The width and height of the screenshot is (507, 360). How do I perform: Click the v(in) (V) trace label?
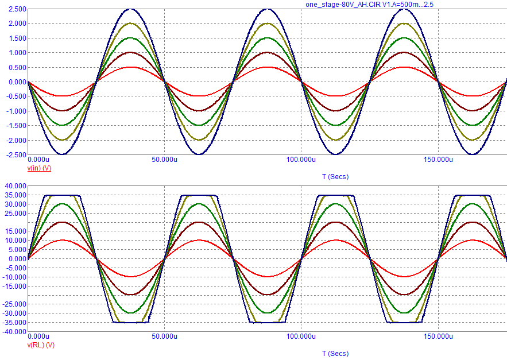[x=40, y=168]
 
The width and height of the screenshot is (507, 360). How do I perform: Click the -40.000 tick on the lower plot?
[x=14, y=332]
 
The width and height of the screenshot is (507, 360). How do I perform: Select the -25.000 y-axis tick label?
[x=14, y=304]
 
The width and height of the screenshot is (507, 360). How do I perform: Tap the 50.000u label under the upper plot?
[x=164, y=160]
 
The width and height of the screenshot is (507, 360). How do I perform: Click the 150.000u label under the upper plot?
[x=438, y=160]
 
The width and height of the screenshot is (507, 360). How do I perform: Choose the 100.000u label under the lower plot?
[x=301, y=336]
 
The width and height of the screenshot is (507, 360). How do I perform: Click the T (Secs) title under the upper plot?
[x=335, y=176]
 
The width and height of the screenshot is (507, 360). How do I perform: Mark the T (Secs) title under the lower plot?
[x=335, y=353]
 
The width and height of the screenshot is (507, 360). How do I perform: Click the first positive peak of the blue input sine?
[x=130, y=9]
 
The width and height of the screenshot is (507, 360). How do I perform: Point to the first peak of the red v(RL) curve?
[x=62, y=240]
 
